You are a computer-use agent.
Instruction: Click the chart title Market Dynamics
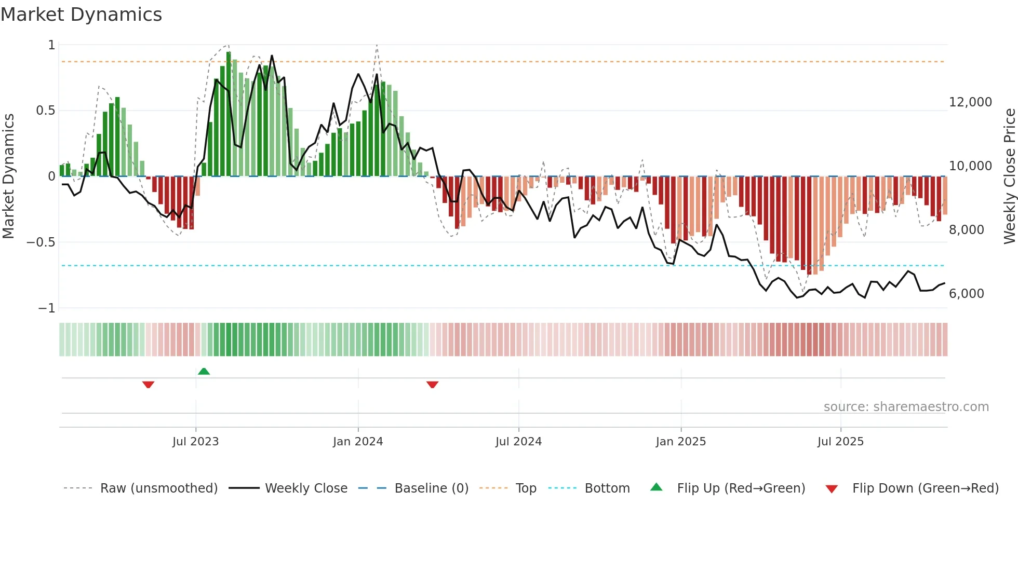point(81,15)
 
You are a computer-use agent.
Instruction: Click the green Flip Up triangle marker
point(204,371)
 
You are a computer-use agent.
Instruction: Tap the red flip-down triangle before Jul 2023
point(148,385)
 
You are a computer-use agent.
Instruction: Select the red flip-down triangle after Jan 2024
point(432,385)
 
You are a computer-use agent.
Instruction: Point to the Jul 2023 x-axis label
point(195,442)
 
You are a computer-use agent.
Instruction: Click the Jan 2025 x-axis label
point(680,442)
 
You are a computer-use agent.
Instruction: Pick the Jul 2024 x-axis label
point(518,442)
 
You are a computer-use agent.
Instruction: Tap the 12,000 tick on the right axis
point(970,102)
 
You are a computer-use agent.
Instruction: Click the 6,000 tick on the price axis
point(966,294)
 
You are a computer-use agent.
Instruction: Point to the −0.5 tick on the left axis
point(41,242)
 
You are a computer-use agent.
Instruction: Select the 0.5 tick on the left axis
point(45,111)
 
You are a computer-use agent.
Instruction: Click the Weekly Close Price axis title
point(1009,176)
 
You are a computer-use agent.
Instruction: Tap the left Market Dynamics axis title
point(8,176)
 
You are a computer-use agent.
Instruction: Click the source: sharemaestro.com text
point(906,407)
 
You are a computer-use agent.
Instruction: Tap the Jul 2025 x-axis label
point(840,442)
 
